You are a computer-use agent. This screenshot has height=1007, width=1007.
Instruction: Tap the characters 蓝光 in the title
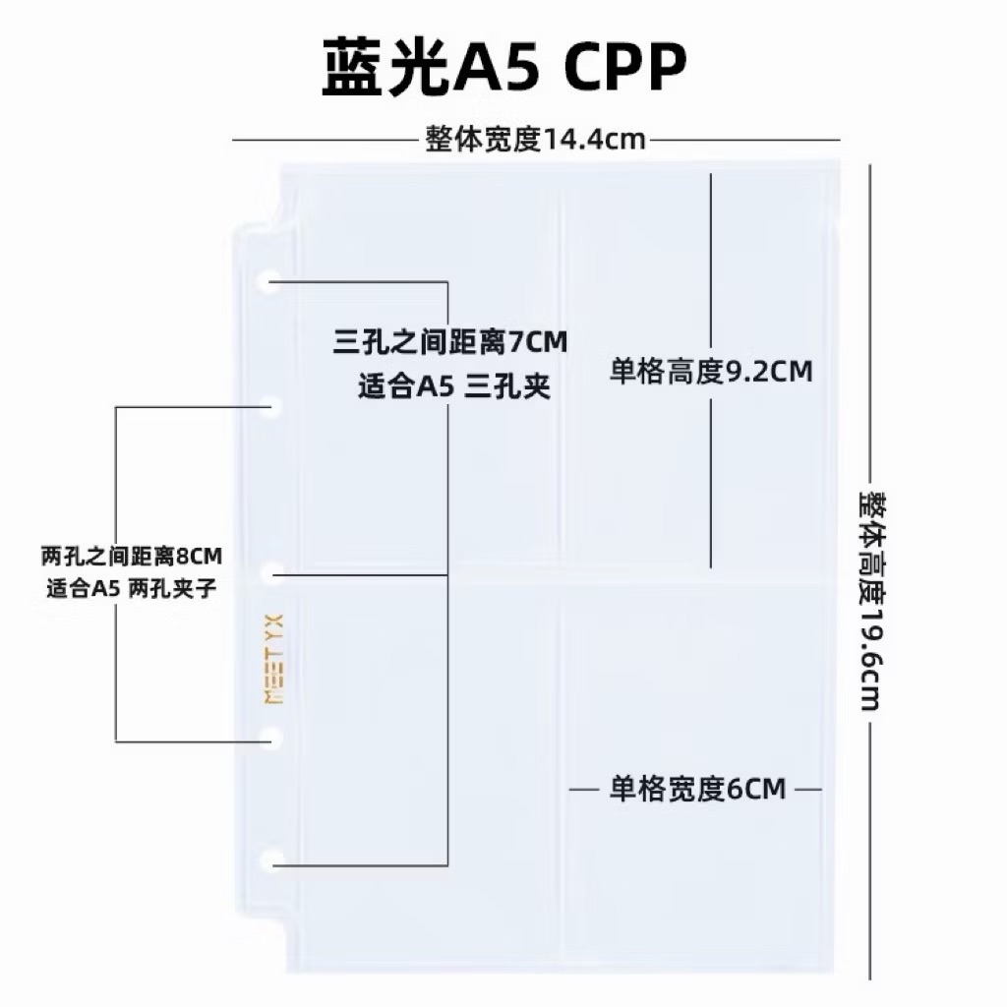385,70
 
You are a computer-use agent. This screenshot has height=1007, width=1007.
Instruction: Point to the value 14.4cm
595,140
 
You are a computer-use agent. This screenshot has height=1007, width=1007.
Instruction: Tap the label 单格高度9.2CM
711,374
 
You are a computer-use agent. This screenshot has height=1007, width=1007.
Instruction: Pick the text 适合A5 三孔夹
453,387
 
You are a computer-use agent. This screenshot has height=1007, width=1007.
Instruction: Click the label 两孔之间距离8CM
132,557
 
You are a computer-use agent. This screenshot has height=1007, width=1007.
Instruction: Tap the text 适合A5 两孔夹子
131,589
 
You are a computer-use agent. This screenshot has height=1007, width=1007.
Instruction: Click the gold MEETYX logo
274,659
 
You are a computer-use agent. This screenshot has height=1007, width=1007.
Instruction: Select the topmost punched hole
267,282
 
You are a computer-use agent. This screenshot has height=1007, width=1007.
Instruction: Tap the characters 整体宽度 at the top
484,140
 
